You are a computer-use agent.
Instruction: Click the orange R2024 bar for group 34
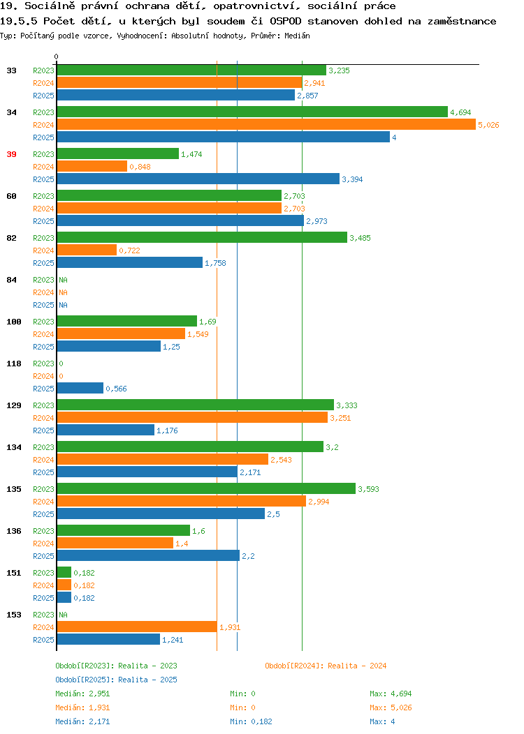click(x=266, y=124)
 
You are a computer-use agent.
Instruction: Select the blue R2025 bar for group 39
click(x=198, y=179)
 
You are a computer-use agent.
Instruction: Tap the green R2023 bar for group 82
click(x=202, y=237)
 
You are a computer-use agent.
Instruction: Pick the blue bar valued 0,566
click(x=80, y=388)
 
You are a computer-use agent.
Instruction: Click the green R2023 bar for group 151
click(x=64, y=572)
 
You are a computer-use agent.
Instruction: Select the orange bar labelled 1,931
click(x=137, y=627)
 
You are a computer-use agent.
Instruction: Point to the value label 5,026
click(x=488, y=125)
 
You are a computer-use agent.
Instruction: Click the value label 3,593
click(x=368, y=489)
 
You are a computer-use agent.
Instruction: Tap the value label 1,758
click(x=215, y=263)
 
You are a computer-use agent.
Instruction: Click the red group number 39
click(x=11, y=154)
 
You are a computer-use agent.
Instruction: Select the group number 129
click(x=13, y=405)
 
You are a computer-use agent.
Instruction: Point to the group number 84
click(x=11, y=280)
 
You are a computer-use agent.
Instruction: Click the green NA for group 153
click(x=64, y=615)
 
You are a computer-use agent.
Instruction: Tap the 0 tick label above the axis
click(x=57, y=57)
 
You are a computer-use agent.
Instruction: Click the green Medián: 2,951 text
click(x=82, y=694)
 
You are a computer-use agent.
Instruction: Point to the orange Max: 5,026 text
click(x=391, y=707)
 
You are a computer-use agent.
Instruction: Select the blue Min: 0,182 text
click(x=251, y=722)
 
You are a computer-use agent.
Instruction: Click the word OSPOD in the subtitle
click(x=286, y=21)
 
